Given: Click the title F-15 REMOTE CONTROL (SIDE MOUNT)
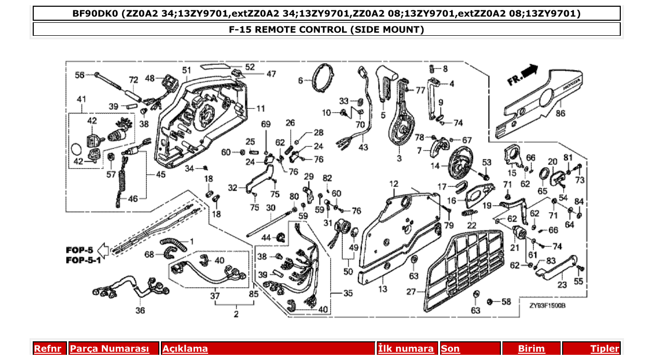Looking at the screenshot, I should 326,30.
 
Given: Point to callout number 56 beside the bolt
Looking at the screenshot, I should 79,75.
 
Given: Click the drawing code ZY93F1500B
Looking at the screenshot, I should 548,306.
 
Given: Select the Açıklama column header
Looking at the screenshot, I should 185,349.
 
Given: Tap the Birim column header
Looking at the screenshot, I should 532,349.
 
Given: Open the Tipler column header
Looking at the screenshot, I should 605,349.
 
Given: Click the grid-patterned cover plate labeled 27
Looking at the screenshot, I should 462,270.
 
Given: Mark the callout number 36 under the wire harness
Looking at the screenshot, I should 140,311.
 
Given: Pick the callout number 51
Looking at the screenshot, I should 186,70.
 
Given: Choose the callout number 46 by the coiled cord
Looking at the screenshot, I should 133,198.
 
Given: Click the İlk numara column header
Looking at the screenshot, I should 405,349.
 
